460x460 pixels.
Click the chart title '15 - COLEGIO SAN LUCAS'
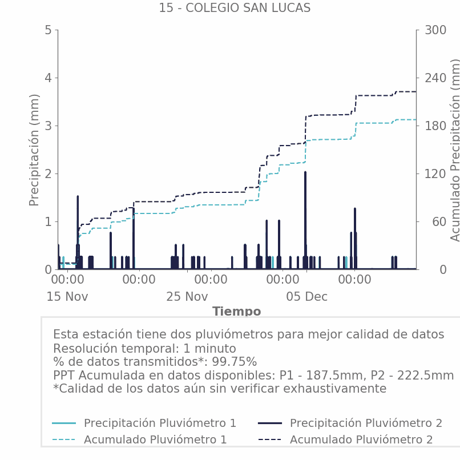click(235, 8)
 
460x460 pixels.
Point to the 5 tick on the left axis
click(48, 30)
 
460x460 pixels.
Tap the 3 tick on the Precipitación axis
click(48, 126)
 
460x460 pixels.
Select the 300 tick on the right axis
click(435, 30)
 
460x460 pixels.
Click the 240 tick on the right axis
click(435, 78)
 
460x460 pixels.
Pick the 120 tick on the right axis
click(435, 173)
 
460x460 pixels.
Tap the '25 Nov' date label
click(187, 297)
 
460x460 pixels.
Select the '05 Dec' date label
click(307, 297)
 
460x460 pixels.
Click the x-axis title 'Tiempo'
click(236, 312)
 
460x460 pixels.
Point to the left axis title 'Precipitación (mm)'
click(34, 150)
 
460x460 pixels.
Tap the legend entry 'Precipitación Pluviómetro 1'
click(160, 423)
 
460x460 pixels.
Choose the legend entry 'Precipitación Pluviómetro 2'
click(366, 423)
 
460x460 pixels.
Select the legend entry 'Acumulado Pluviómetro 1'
click(155, 439)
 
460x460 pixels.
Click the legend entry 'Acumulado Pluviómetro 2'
click(361, 439)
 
